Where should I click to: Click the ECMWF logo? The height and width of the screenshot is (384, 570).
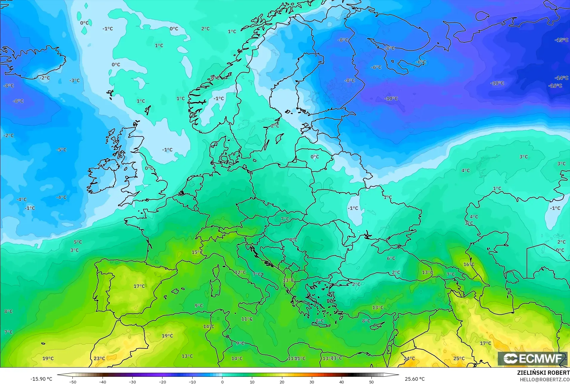[x=532, y=358]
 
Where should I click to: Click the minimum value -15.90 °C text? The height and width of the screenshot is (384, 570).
[x=41, y=379]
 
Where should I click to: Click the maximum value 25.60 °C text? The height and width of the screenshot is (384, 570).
[x=415, y=379]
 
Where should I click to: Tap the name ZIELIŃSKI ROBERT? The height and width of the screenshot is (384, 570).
[x=543, y=373]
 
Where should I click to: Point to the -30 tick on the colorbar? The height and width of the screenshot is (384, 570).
[x=132, y=382]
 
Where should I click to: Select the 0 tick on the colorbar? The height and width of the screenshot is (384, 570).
[x=222, y=382]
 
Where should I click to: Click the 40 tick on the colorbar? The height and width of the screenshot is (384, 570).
[x=342, y=382]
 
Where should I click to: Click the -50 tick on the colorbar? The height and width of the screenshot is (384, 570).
[x=72, y=382]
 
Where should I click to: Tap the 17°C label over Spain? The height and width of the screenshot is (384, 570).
[x=139, y=286]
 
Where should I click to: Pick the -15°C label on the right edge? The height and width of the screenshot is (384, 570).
[x=561, y=40]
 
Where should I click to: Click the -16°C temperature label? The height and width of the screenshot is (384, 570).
[x=555, y=86]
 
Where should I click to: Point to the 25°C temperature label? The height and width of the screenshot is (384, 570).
[x=459, y=358]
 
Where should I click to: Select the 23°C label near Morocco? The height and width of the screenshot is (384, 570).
[x=99, y=358]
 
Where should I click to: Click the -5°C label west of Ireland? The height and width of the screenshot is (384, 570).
[x=61, y=149]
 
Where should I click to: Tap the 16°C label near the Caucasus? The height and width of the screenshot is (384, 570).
[x=469, y=264]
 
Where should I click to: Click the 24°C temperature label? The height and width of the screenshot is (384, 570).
[x=409, y=358]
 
